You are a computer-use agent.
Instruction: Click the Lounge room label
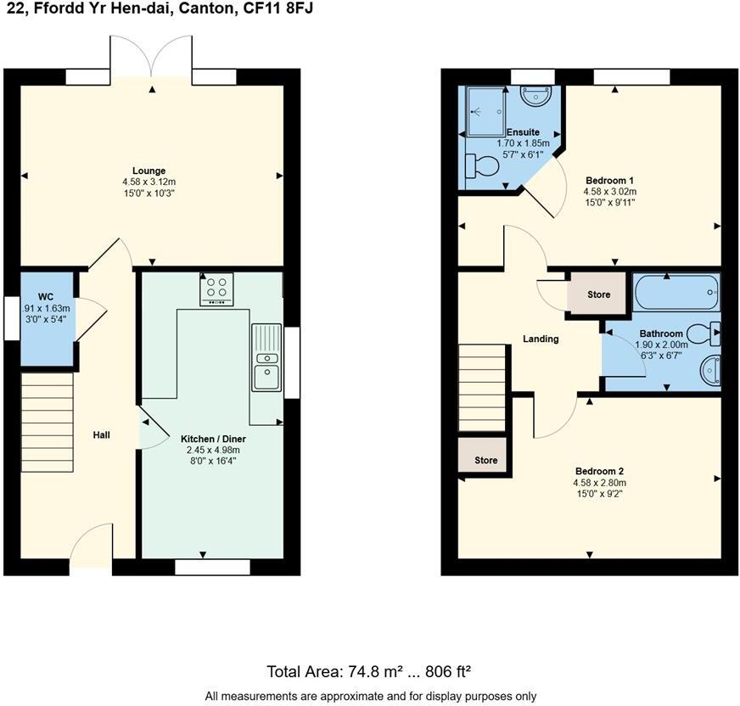pos(149,171)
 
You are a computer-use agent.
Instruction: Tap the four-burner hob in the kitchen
pos(216,289)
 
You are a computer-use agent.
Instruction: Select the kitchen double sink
pos(266,357)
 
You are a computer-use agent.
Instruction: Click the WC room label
pos(46,297)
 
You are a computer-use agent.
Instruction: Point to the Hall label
pos(102,435)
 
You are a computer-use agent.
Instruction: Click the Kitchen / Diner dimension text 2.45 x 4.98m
pos(213,450)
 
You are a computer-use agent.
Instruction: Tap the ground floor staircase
pos(48,423)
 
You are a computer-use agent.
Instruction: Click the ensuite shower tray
pos(485,111)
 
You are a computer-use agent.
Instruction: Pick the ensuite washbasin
pos(535,95)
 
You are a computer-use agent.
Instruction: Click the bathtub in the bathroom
pos(676,292)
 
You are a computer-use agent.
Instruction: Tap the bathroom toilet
pos(704,333)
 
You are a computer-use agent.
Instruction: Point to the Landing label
pos(541,339)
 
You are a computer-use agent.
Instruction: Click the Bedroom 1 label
pos(610,180)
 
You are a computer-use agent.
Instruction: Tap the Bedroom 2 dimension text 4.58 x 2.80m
pos(599,483)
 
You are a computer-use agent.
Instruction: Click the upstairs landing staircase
pos(482,388)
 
